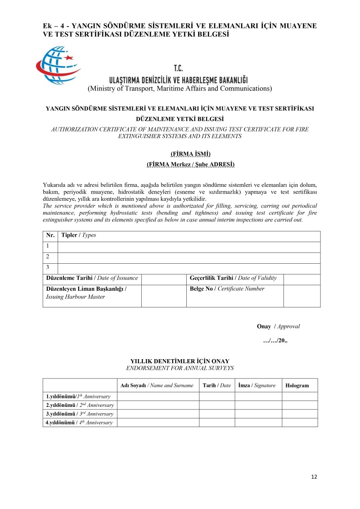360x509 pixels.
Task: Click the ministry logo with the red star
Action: tap(58, 66)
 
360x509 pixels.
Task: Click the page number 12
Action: tap(314, 477)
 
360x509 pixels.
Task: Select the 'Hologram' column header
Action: tap(297, 386)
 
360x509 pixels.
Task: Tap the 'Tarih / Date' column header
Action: tap(216, 385)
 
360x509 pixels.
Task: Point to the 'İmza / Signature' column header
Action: tap(256, 385)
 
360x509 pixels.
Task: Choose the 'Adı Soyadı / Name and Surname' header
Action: tap(157, 385)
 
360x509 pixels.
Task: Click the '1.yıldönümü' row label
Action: tap(79, 396)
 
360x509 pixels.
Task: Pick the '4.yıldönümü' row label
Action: tap(79, 423)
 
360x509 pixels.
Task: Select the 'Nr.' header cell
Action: tap(50, 235)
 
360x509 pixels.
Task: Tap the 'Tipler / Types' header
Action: tap(78, 235)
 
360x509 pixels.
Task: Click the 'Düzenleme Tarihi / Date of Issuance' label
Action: tap(92, 278)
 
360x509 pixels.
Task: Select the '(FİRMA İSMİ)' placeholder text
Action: tap(190, 154)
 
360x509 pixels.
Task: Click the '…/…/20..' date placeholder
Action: tap(275, 340)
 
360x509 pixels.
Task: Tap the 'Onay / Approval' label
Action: tap(278, 326)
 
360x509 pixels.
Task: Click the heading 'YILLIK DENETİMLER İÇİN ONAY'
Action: tap(180, 361)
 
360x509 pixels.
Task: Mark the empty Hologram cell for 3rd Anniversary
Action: tap(300, 414)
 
